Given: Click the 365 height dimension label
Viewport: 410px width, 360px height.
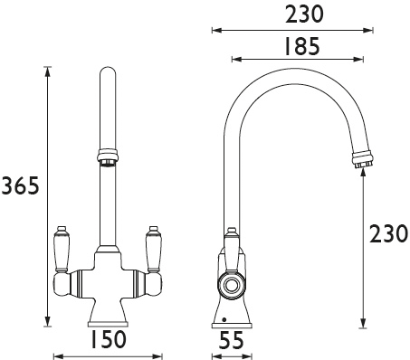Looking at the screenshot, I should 20,187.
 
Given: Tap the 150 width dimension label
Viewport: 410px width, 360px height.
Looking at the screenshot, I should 108,340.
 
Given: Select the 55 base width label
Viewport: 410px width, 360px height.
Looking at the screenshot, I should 232,340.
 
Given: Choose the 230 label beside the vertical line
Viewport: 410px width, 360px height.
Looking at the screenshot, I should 389,233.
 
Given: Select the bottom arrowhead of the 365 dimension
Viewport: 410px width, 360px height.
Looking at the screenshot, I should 46,323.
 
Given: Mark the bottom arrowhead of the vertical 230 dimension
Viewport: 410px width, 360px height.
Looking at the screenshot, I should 363,323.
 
